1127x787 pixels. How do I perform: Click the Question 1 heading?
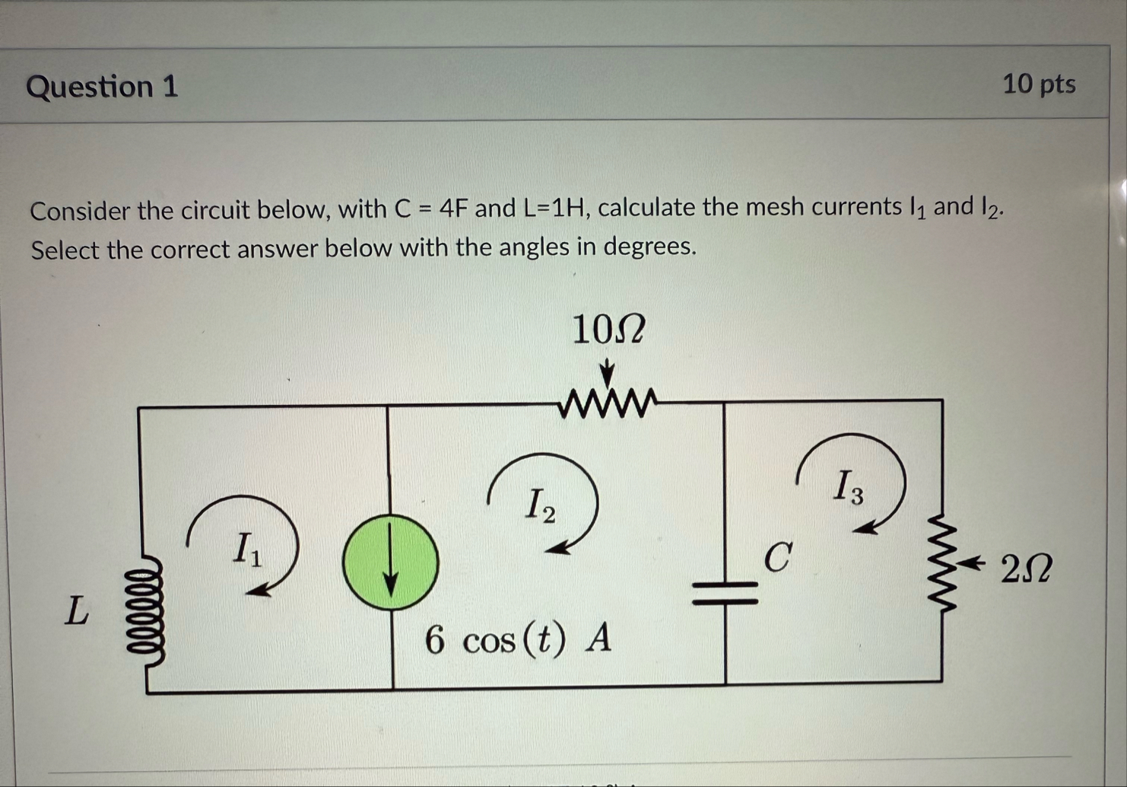[x=102, y=86]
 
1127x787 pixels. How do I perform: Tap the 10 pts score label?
[x=1039, y=84]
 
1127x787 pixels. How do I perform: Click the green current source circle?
[x=390, y=562]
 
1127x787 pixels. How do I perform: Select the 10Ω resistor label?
[x=608, y=330]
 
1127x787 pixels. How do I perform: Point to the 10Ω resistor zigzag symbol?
[x=606, y=404]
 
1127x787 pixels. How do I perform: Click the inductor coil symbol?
[x=144, y=612]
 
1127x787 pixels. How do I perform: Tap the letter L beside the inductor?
[x=76, y=610]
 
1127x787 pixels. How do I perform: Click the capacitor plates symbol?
[x=725, y=592]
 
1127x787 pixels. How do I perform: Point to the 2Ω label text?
[x=1026, y=569]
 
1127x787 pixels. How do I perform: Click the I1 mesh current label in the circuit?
[x=246, y=548]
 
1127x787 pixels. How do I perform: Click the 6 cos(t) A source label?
[x=518, y=639]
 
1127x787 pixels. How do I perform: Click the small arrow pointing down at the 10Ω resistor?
[x=607, y=374]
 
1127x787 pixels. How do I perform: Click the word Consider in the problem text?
[x=80, y=211]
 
